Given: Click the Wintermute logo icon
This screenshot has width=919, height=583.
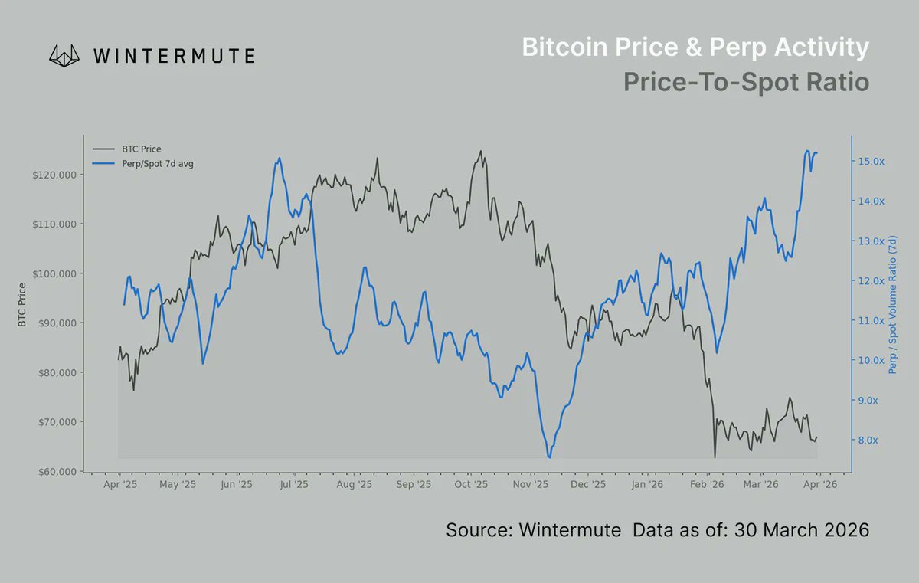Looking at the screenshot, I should point(65,55).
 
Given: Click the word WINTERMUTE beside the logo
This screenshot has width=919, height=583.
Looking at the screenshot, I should point(174,56).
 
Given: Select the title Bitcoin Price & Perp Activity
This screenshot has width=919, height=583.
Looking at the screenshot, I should point(695,47).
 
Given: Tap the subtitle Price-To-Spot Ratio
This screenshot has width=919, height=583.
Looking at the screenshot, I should point(746,81).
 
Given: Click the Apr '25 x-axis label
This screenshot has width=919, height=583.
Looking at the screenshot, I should point(119,485).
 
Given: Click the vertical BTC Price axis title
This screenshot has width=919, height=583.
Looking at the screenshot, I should point(22,305).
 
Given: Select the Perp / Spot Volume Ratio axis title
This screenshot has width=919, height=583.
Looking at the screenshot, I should point(893,306).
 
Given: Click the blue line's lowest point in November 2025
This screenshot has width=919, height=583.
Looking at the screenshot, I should point(549,457).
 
